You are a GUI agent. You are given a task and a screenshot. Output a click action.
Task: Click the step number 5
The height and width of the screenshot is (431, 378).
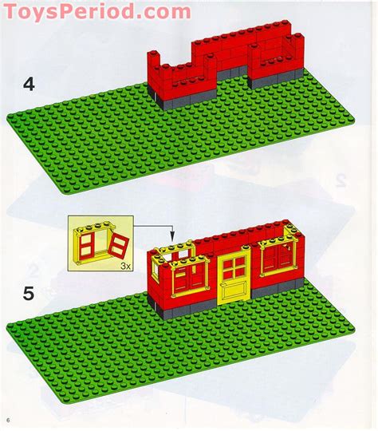tap(28, 295)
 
